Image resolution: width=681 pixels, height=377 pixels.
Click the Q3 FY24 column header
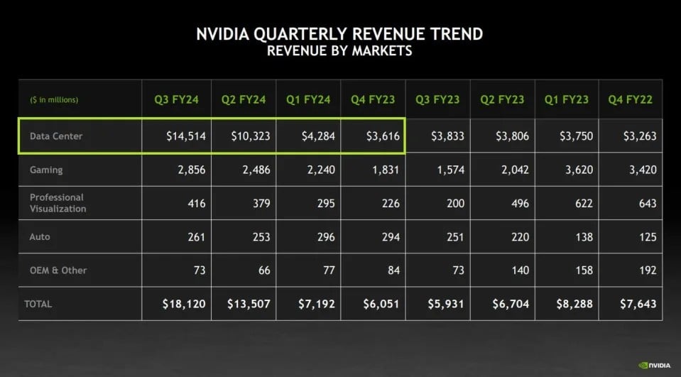click(x=175, y=99)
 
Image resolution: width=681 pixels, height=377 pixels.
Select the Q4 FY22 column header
click(x=630, y=99)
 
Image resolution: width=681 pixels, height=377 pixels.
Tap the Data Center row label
click(x=56, y=136)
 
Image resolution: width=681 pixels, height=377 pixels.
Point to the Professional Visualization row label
click(x=58, y=203)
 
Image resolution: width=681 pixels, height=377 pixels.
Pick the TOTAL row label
click(x=38, y=304)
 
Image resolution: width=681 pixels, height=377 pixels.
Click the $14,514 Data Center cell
click(x=182, y=136)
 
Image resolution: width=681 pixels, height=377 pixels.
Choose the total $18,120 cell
click(x=183, y=304)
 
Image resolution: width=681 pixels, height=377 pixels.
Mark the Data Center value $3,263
click(x=638, y=136)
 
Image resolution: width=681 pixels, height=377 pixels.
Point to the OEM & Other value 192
click(x=646, y=271)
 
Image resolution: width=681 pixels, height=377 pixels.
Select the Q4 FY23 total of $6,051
click(x=378, y=304)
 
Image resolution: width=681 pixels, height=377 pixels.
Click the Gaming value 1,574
click(x=447, y=170)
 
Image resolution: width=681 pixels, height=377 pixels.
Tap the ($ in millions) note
click(x=54, y=99)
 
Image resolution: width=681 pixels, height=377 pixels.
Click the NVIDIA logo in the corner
click(x=655, y=366)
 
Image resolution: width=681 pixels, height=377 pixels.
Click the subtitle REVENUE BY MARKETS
click(x=339, y=51)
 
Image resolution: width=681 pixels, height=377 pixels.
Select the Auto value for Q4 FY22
click(x=646, y=237)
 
